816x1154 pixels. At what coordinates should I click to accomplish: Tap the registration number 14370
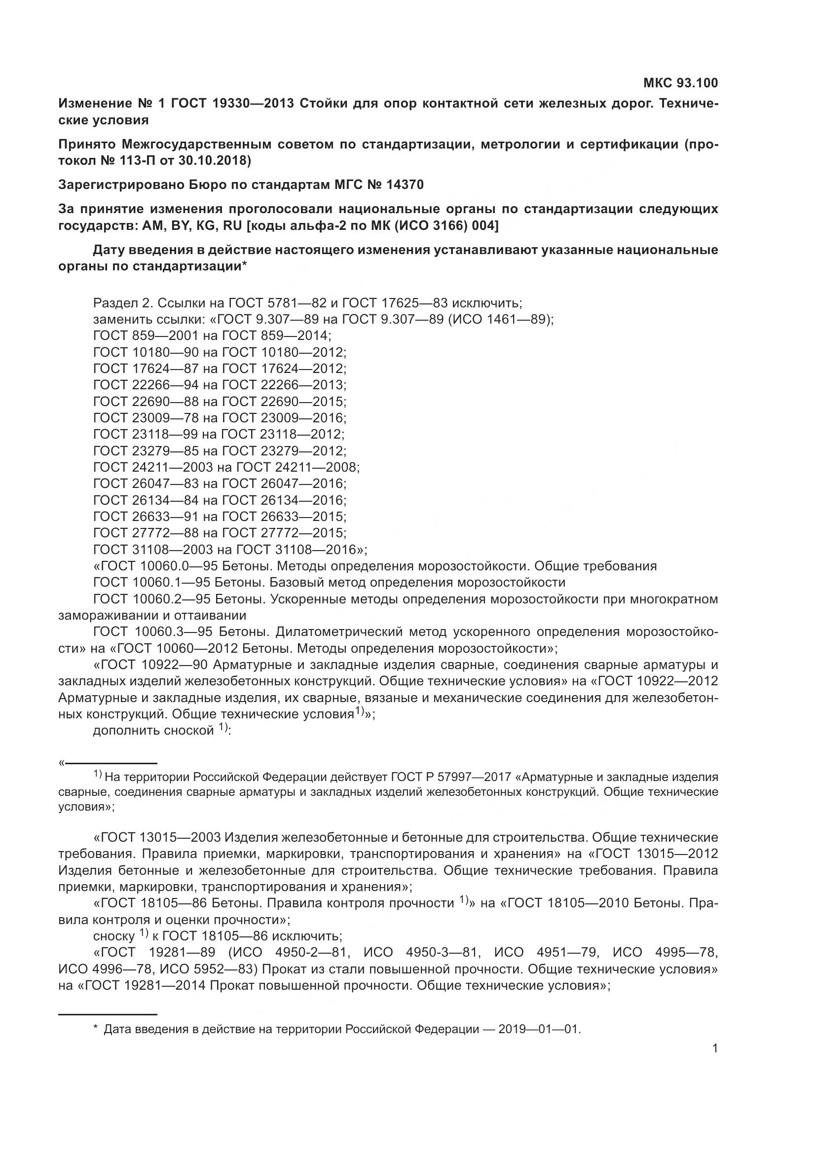405,185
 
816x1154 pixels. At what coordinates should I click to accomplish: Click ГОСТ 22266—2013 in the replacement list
284,385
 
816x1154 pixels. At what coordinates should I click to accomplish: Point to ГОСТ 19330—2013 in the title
232,104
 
